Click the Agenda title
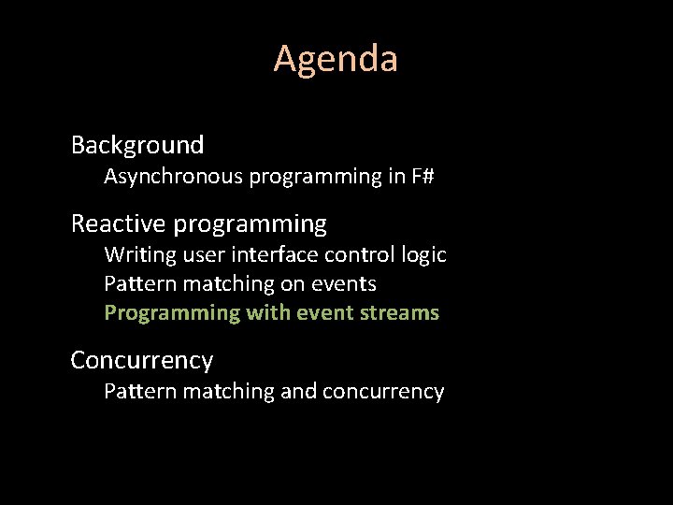point(336,59)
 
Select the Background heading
point(137,145)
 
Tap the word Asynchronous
point(173,176)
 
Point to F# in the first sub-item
point(422,176)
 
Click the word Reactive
point(119,224)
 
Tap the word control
point(348,254)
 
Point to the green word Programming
point(172,313)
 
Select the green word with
point(268,313)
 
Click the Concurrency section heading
point(142,360)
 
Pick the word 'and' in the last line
point(298,391)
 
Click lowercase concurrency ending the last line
point(383,391)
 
